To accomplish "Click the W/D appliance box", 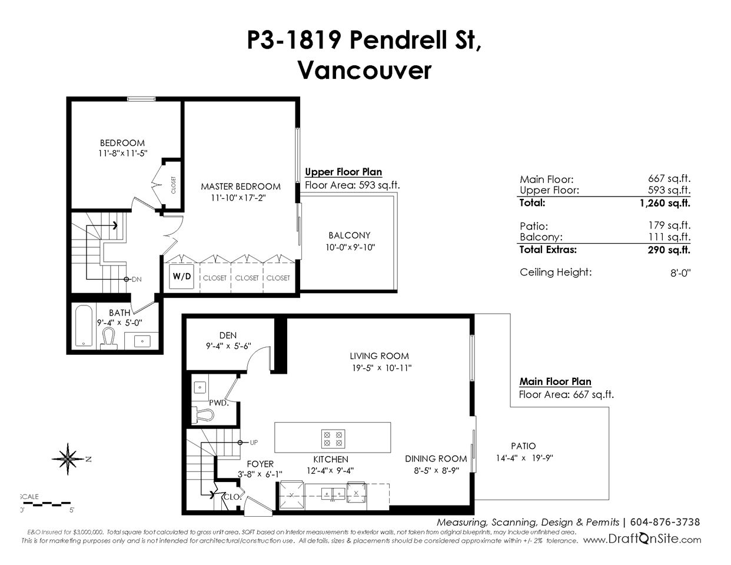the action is pyautogui.click(x=182, y=277).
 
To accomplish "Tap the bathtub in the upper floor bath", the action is pyautogui.click(x=84, y=325).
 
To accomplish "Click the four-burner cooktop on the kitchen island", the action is pyautogui.click(x=333, y=439).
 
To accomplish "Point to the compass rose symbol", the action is pyautogui.click(x=68, y=458).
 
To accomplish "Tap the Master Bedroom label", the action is pyautogui.click(x=241, y=187).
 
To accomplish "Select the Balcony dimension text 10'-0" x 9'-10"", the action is pyautogui.click(x=350, y=247).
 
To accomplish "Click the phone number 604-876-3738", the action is pyautogui.click(x=664, y=522).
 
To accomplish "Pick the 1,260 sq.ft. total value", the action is pyautogui.click(x=664, y=203).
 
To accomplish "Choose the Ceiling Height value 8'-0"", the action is pyautogui.click(x=680, y=272).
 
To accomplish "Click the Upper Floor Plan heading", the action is pyautogui.click(x=344, y=172).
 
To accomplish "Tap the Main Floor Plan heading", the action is pyautogui.click(x=555, y=382).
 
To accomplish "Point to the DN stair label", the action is pyautogui.click(x=137, y=279).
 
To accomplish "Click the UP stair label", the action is pyautogui.click(x=254, y=443).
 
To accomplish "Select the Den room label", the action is pyautogui.click(x=228, y=335).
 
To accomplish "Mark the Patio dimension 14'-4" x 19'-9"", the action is pyautogui.click(x=524, y=458).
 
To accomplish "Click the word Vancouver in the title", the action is pyautogui.click(x=365, y=71).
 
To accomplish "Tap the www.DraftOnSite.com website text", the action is pyautogui.click(x=642, y=540).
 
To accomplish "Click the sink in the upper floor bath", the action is pyautogui.click(x=142, y=341).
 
